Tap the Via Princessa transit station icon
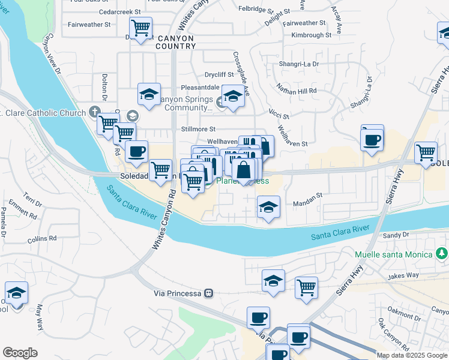coord(208,293)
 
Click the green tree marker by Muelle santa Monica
coord(442,254)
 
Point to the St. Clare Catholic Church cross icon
coord(94,112)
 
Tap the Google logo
coord(20,353)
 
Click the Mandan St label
coord(307,195)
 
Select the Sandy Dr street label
coord(396,236)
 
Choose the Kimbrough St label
coord(311,35)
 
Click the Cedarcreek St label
coord(120,11)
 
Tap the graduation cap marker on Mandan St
coord(268,208)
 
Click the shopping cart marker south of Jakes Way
coord(306,288)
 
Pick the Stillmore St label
coord(198,129)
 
